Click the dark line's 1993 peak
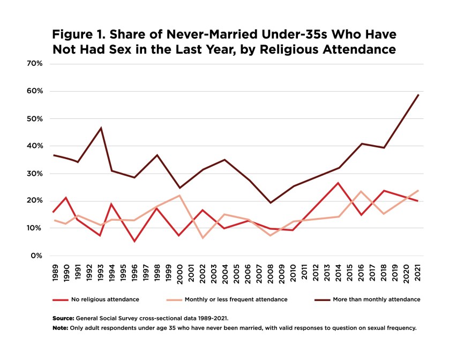point(100,128)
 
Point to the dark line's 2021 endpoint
point(418,95)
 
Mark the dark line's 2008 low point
point(271,202)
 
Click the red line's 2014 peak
point(339,183)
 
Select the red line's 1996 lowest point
point(133,241)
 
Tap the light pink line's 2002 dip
point(202,237)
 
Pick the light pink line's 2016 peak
point(362,191)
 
